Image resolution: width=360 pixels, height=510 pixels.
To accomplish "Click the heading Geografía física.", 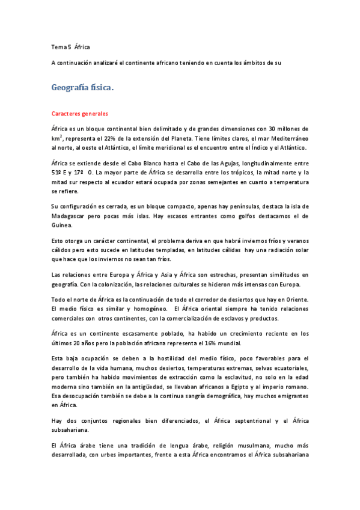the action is pyautogui.click(x=82, y=88).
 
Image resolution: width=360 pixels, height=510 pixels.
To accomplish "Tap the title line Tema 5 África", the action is pyautogui.click(x=70, y=47).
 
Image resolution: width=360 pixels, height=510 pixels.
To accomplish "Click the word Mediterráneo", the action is pyautogui.click(x=285, y=138).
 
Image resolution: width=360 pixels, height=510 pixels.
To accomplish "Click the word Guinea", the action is pyautogui.click(x=63, y=225).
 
